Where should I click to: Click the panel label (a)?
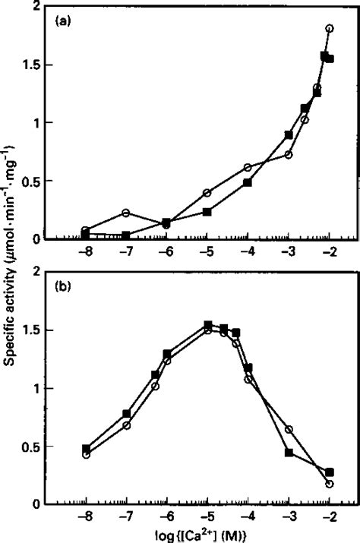point(63,22)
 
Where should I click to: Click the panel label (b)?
point(63,289)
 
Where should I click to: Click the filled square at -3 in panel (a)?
point(289,134)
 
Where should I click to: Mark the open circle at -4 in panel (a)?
point(248,167)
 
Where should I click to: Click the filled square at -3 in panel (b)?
point(289,452)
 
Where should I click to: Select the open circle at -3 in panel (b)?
point(289,429)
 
